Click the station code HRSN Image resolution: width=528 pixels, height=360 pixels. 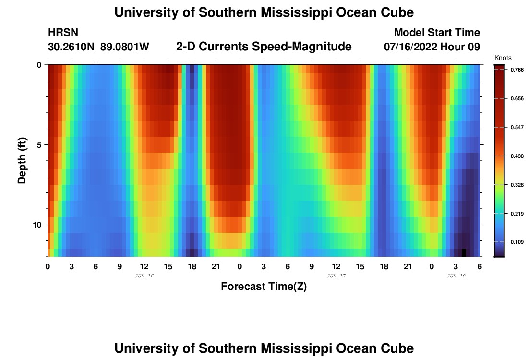63,33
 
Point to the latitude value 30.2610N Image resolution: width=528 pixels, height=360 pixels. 72,47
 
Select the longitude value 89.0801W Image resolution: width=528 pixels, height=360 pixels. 125,47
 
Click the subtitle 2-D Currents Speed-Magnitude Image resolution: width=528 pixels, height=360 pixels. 264,47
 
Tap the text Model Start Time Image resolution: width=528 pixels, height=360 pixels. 437,33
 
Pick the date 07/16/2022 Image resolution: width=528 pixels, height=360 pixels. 411,47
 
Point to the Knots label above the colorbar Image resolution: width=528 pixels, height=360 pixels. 503,58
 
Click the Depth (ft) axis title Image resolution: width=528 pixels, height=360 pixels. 22,161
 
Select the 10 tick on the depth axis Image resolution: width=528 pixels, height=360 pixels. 39,225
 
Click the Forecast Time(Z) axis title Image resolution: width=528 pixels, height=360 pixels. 264,287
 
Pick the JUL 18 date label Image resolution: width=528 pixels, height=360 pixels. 456,276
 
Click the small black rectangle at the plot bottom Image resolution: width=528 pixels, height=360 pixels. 464,252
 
